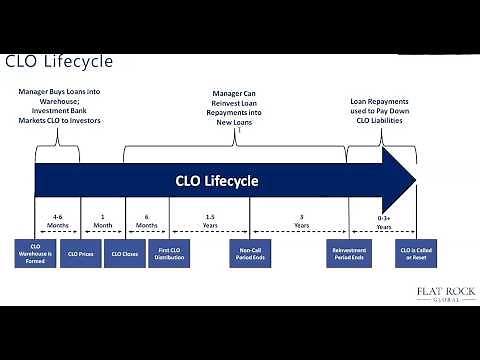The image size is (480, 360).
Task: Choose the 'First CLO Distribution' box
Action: point(169,254)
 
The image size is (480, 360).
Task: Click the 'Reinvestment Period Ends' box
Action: point(349,254)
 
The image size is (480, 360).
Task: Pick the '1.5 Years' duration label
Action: point(209,221)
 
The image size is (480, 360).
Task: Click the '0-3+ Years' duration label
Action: point(383,222)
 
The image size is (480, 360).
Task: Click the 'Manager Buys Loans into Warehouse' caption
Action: point(58,106)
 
